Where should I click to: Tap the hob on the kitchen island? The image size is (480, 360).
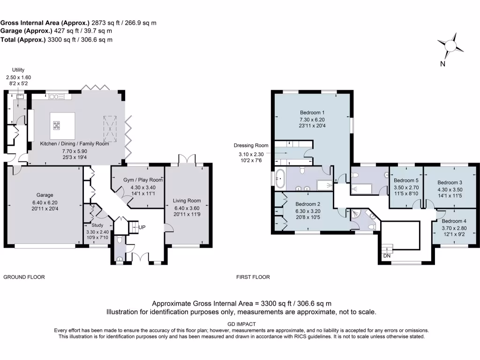(x=57, y=125)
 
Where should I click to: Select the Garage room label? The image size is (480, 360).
(x=45, y=195)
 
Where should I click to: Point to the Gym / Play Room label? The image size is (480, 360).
(x=136, y=180)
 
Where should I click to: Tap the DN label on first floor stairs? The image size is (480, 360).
(x=387, y=255)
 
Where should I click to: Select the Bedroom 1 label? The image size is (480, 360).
(x=312, y=112)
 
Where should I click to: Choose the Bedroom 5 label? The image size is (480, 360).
(x=406, y=180)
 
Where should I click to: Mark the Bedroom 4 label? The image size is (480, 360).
(x=455, y=221)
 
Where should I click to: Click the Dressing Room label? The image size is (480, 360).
(x=252, y=145)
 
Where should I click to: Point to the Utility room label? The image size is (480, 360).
(x=18, y=70)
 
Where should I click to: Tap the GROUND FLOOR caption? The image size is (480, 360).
(x=24, y=277)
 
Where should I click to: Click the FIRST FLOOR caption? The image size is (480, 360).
(x=253, y=277)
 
